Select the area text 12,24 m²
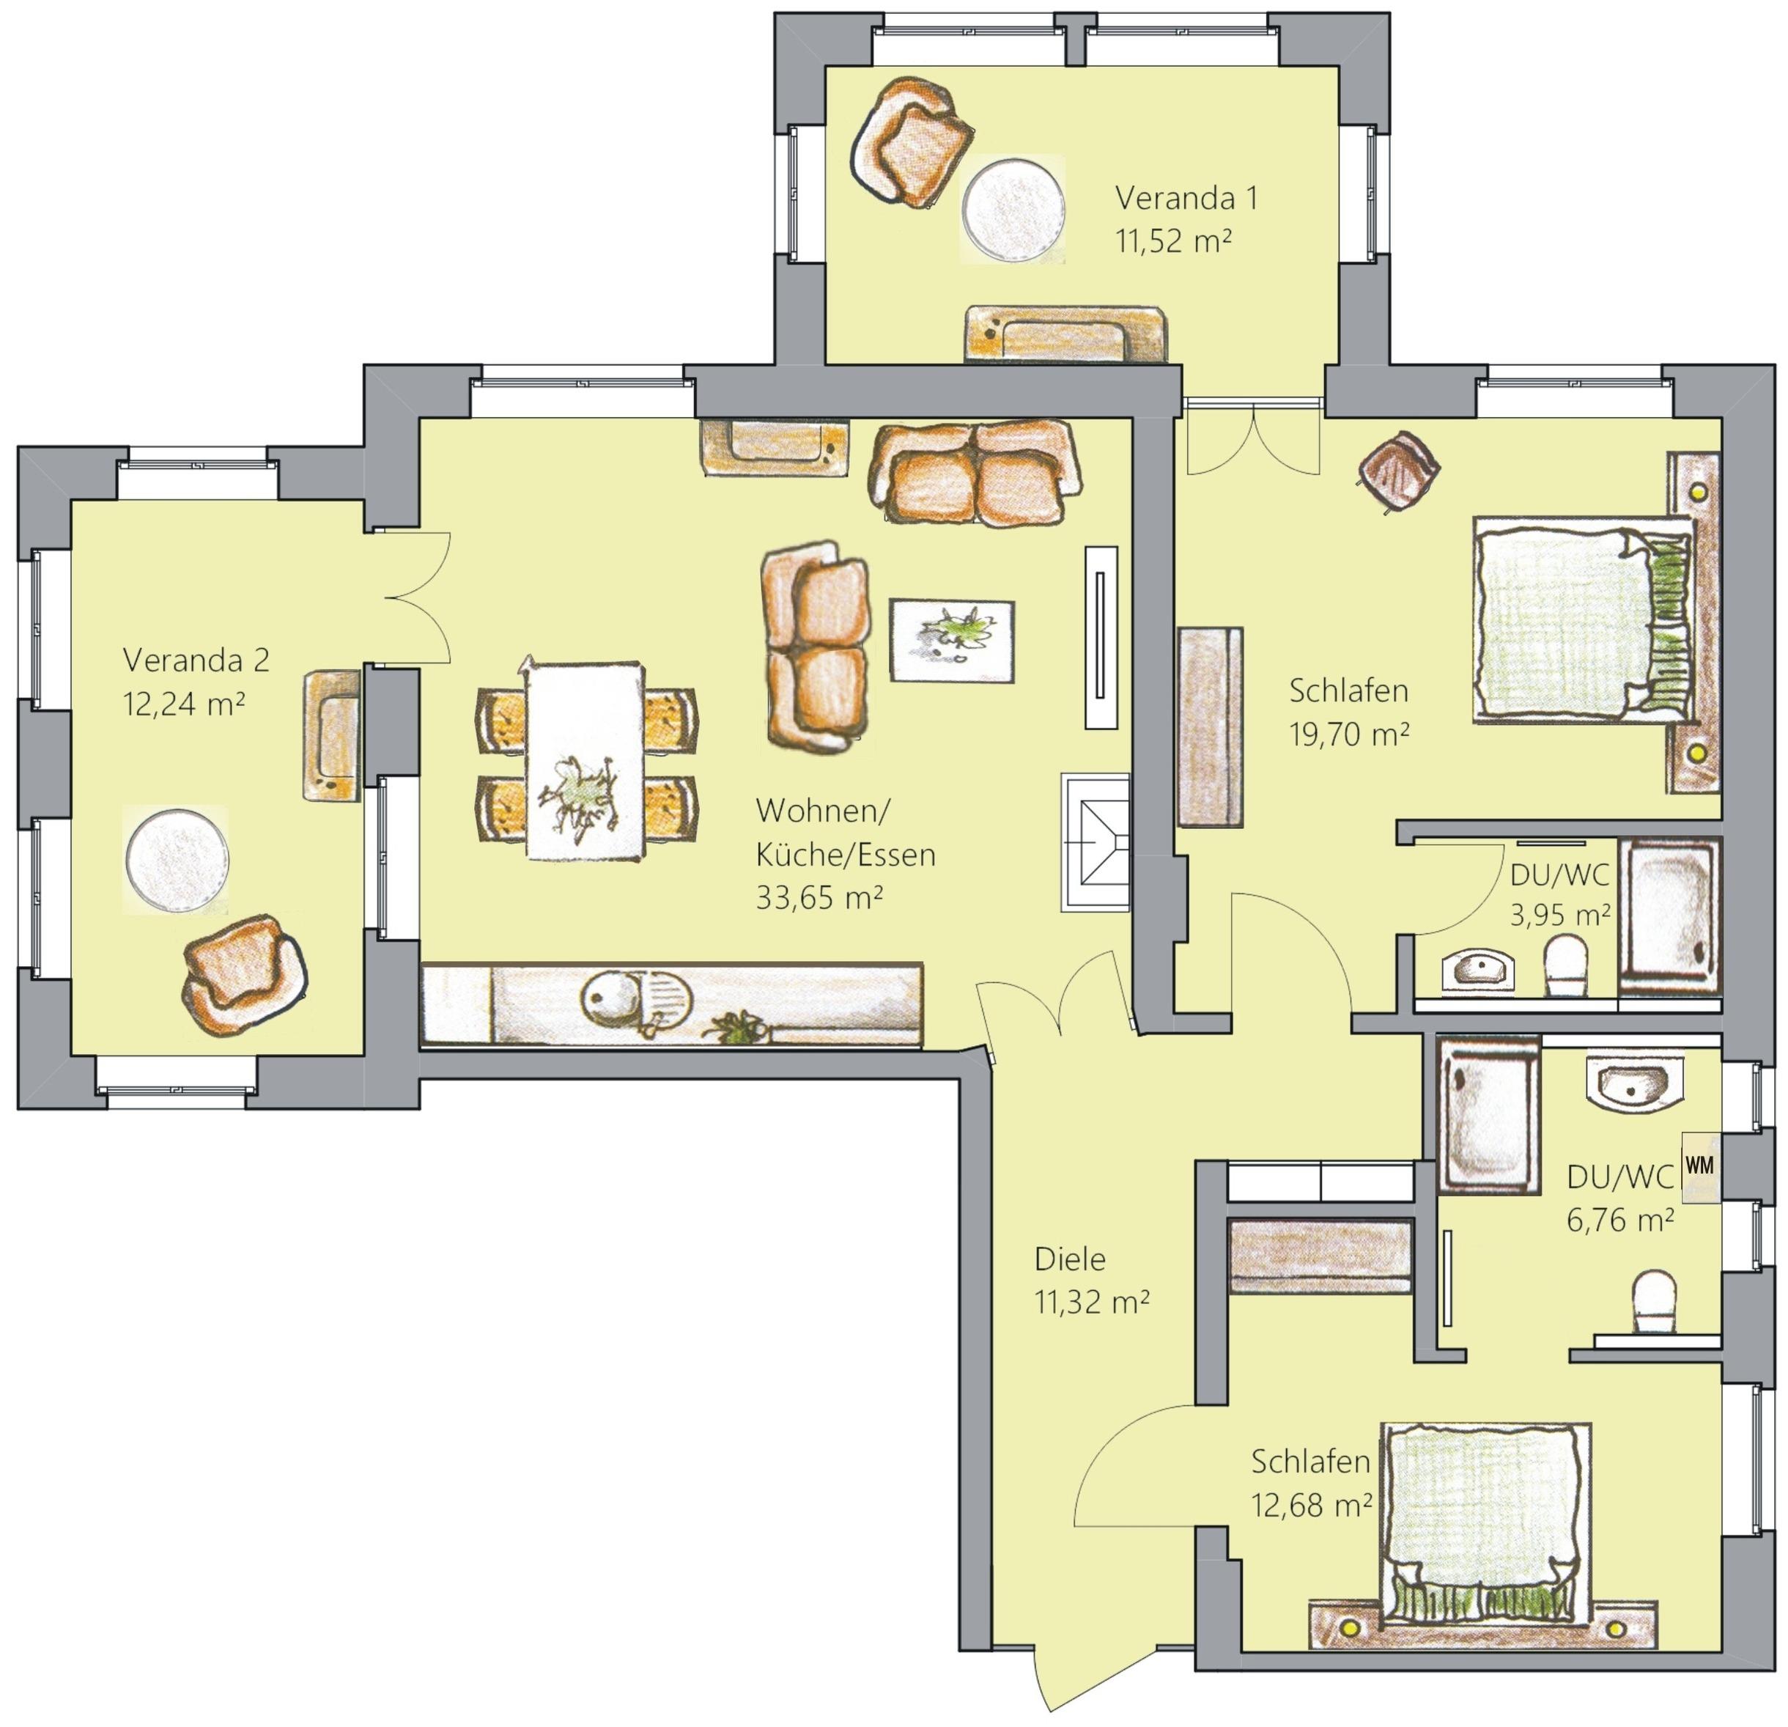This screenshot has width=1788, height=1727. (183, 702)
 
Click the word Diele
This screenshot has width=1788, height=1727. (1070, 1259)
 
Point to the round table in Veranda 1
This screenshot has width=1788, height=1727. (1013, 209)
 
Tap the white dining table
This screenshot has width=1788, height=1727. (584, 760)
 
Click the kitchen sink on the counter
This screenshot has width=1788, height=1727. (636, 1001)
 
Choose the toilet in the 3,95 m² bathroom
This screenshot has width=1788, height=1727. (1568, 967)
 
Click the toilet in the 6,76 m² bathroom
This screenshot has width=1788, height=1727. (1654, 1303)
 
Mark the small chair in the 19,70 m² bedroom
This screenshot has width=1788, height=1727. (1398, 469)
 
